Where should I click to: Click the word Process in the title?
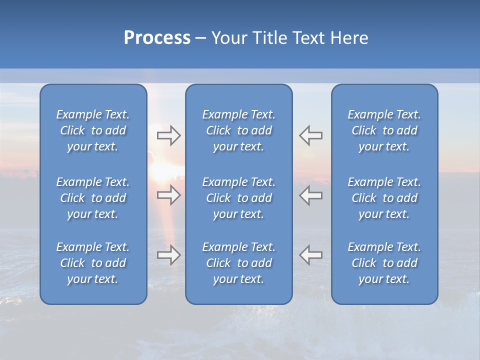157,38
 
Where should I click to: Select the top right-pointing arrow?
168,135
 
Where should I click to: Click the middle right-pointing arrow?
168,195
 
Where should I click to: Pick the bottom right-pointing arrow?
168,255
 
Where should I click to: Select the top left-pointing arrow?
311,135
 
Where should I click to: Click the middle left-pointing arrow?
311,195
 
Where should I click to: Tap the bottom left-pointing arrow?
311,255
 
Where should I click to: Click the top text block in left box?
93,130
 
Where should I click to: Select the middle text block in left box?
93,198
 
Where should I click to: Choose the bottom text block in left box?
93,263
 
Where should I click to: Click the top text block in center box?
239,130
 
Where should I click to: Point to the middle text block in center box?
239,198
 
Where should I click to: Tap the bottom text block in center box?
239,263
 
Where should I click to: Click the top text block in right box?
384,130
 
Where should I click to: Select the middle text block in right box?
384,198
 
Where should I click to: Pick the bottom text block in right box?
384,263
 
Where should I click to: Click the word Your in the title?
229,38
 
